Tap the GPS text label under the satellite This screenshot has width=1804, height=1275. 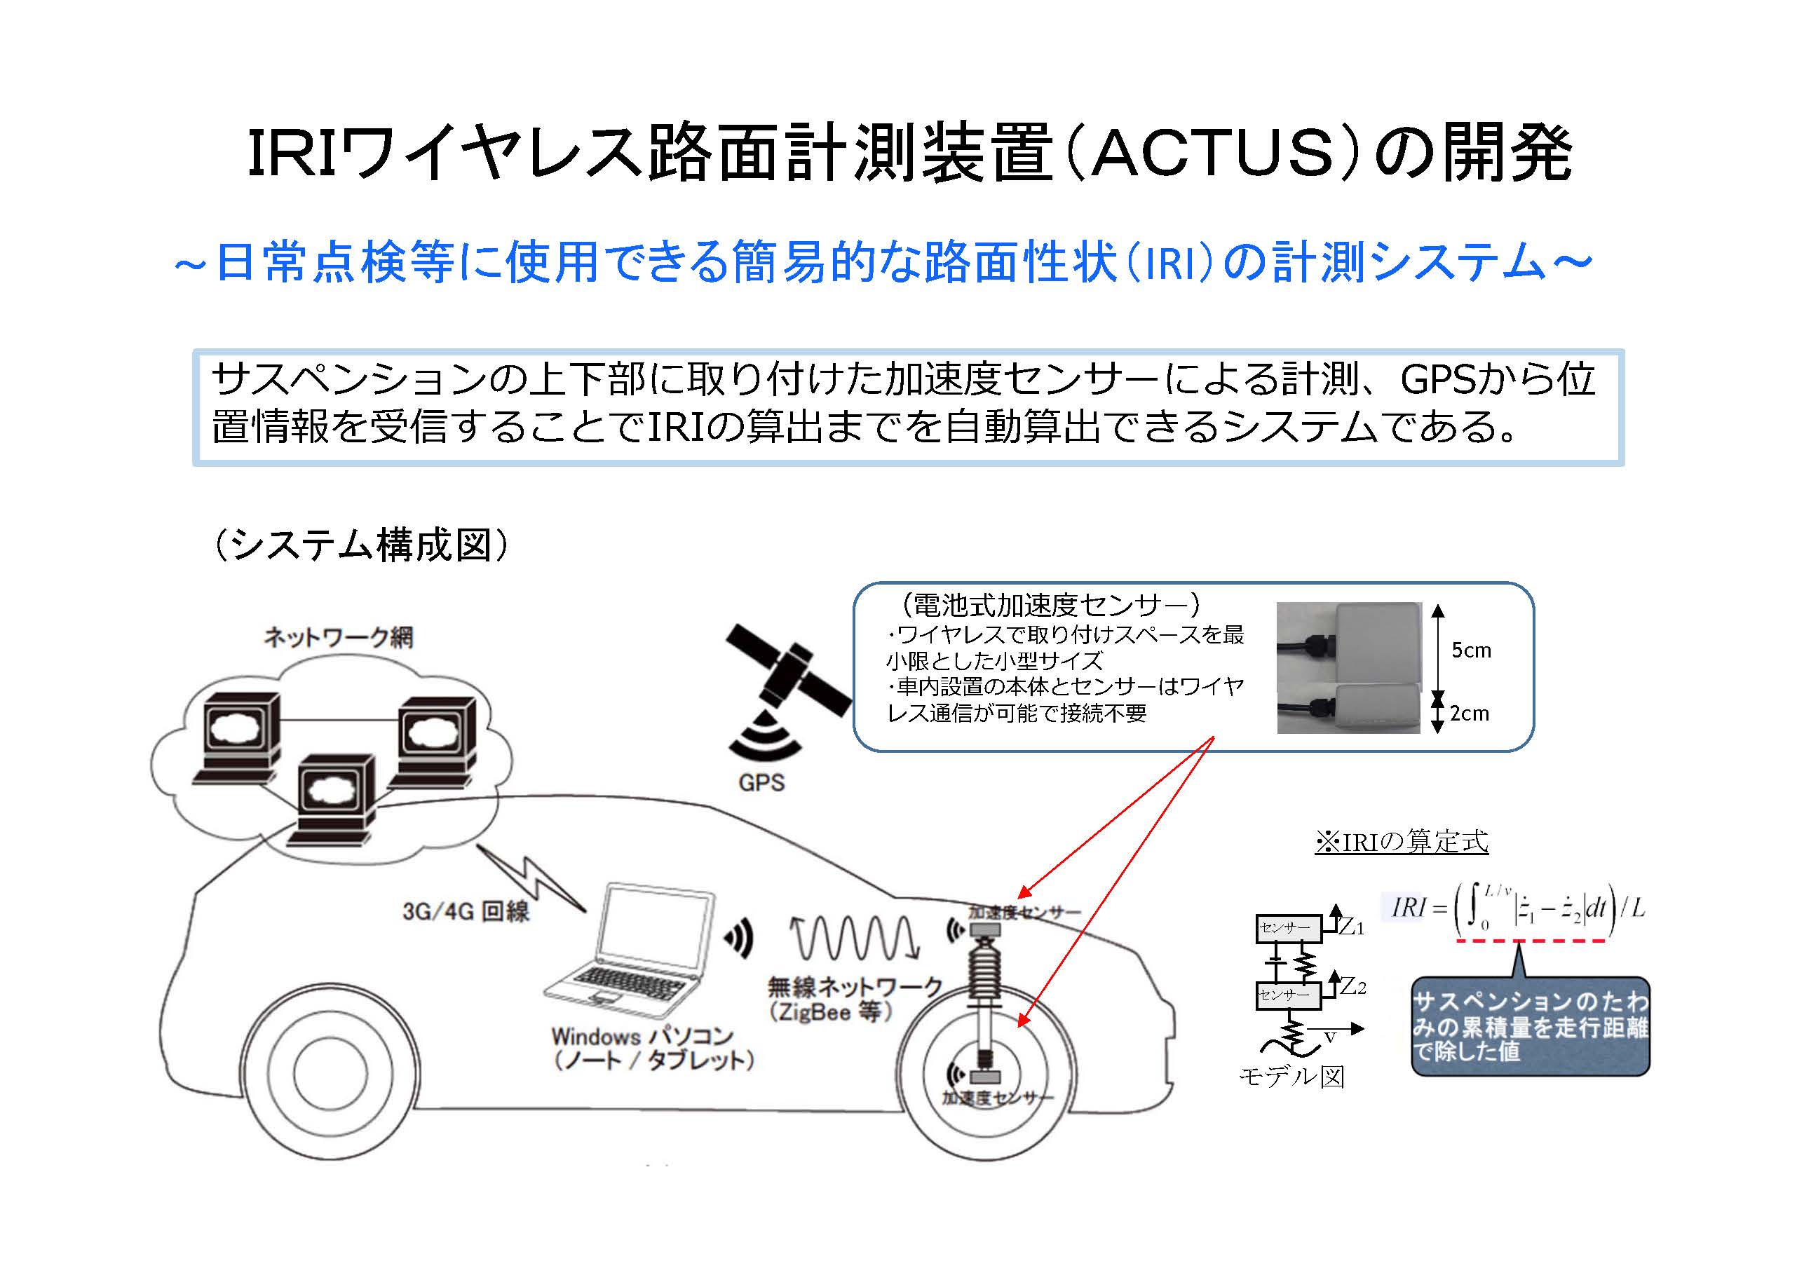[x=761, y=782]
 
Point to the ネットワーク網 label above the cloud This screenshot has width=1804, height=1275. [x=339, y=637]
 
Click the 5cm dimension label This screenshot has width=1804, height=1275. [x=1471, y=650]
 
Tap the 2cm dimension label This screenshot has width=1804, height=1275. [x=1470, y=714]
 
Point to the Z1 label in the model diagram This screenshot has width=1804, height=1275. [x=1352, y=927]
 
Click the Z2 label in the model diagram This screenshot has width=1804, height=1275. [x=1352, y=987]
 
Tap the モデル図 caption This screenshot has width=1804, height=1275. [x=1291, y=1076]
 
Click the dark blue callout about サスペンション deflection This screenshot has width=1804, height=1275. [x=1530, y=1026]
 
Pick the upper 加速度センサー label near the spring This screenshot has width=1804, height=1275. [x=1024, y=912]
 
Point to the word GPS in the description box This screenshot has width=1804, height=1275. [x=1437, y=379]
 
